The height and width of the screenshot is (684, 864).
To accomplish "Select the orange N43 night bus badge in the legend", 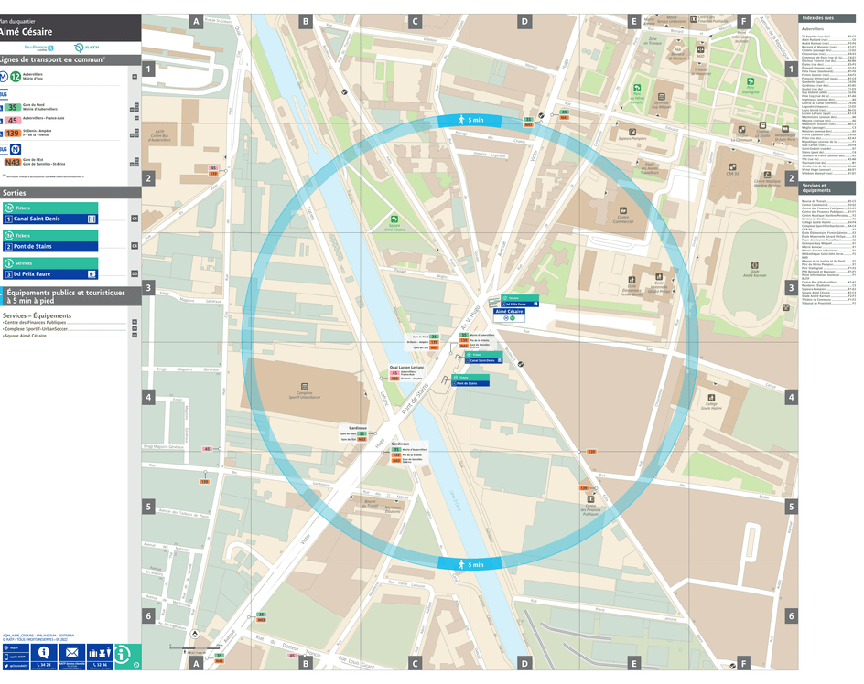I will coord(12,162).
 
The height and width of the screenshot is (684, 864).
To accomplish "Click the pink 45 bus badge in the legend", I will coord(13,120).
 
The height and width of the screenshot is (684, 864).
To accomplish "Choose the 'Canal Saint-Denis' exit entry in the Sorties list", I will coord(50,219).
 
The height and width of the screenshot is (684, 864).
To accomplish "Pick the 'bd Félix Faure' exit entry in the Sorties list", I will coord(50,273).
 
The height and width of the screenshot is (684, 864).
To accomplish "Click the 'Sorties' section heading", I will coord(16,193).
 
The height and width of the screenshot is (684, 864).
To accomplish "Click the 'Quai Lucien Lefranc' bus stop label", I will coord(406,367).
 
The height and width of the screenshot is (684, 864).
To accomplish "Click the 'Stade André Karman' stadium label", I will coord(754,271).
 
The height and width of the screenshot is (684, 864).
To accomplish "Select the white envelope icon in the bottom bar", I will coord(71,653).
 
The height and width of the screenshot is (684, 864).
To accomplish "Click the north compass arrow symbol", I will coord(194,634).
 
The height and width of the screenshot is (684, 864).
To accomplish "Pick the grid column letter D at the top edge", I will coord(524,21).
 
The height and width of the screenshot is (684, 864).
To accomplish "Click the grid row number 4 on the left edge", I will coord(147,397).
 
